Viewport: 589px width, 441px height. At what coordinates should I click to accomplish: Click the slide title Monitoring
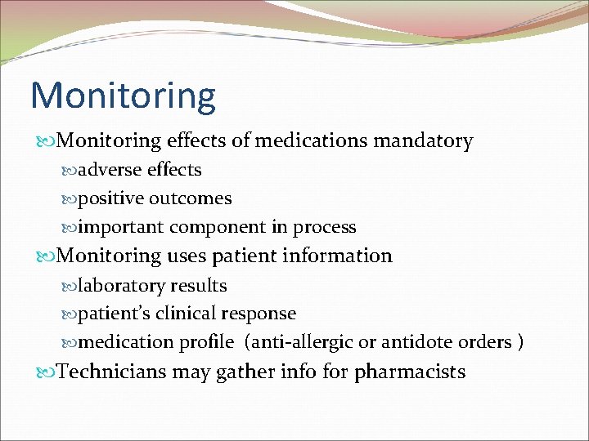click(x=123, y=96)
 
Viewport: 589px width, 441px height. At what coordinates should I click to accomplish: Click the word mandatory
click(x=423, y=141)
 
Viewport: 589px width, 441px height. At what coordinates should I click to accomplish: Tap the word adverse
click(x=110, y=170)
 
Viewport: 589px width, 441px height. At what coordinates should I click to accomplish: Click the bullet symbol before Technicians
click(x=47, y=372)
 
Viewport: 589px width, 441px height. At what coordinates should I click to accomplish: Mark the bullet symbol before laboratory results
click(x=70, y=286)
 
